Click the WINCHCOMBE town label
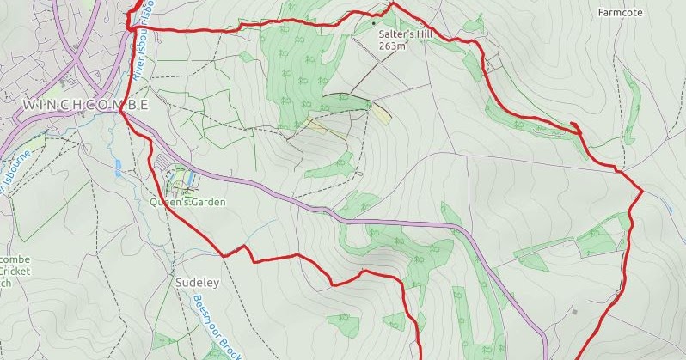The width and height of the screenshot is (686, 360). tap(85, 105)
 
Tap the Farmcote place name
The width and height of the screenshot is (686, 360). tap(620, 13)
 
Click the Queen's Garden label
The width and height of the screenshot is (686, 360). tap(187, 203)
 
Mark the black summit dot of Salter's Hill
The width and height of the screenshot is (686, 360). tap(373, 12)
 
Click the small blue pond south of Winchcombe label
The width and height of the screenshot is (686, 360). tap(118, 167)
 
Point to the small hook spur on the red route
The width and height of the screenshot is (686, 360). tap(575, 129)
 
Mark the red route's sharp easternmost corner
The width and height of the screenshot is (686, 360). tap(642, 190)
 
